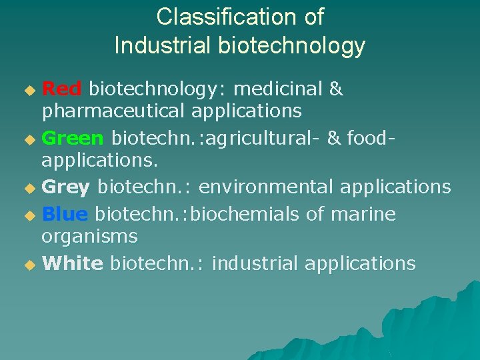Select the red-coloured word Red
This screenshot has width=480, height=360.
click(x=61, y=89)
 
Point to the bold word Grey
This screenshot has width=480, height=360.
click(x=65, y=187)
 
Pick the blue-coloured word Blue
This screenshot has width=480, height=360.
click(x=65, y=214)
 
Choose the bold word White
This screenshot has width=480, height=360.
click(x=72, y=263)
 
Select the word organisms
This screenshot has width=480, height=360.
click(x=89, y=236)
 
